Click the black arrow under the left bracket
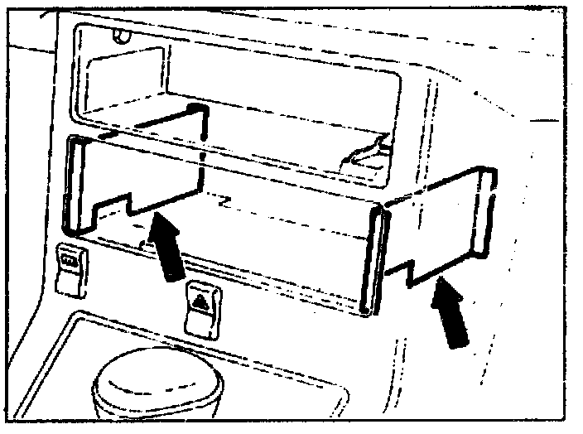pyautogui.click(x=168, y=249)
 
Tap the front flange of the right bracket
pyautogui.click(x=373, y=261)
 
